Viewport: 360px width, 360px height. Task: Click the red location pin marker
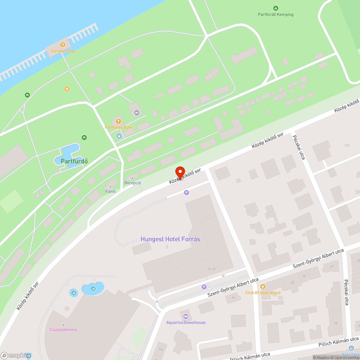tap(180, 172)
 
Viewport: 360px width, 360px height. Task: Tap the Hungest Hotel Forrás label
tap(170, 239)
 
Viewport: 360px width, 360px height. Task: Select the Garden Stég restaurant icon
tap(63, 45)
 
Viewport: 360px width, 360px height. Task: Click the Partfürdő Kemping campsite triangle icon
tap(276, 8)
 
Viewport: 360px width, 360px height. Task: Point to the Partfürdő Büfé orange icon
tap(118, 121)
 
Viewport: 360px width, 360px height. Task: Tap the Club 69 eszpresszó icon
tap(263, 287)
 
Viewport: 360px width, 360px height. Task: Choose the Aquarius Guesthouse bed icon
tap(186, 316)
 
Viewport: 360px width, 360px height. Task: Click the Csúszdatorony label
tap(63, 329)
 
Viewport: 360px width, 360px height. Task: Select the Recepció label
tap(132, 183)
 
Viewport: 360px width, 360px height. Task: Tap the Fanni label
tap(111, 191)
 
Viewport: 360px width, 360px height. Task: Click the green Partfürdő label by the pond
tap(75, 161)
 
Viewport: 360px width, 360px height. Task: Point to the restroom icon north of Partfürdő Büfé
tap(137, 112)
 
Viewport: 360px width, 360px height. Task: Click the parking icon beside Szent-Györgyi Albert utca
tap(204, 287)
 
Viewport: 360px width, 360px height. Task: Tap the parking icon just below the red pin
tap(186, 193)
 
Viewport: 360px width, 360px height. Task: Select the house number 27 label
tap(331, 267)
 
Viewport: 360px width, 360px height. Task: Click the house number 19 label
tap(233, 298)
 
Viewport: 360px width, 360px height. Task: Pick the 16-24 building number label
tap(211, 269)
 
